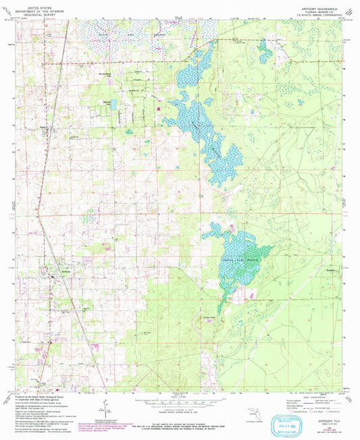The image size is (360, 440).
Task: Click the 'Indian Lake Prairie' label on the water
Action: coord(241,257)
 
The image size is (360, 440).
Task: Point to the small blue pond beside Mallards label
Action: coord(113,104)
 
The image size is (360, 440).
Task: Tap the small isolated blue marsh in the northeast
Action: coord(265,51)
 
